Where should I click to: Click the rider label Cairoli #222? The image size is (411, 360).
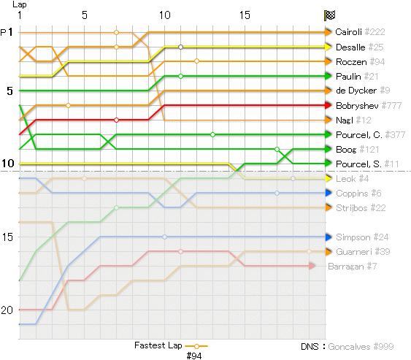pos(360,32)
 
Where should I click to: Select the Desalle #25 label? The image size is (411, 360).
pos(359,47)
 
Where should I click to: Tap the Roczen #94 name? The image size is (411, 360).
pos(360,62)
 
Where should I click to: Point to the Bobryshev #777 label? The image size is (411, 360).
pos(369,105)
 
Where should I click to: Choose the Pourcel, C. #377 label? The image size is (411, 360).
pos(370,135)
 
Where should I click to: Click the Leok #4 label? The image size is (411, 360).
pos(352,179)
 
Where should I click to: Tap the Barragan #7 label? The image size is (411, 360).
pos(353,267)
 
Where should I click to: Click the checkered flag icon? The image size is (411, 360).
pos(329,15)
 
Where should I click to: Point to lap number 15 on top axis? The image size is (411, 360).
pos(245,15)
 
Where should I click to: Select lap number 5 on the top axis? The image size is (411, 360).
pos(84,15)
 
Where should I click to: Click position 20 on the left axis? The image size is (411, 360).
pos(7,310)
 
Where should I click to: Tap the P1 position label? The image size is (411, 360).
pos(7,32)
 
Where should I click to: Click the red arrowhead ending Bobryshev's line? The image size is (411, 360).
pos(329,105)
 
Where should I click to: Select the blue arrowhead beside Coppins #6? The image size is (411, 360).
pos(329,193)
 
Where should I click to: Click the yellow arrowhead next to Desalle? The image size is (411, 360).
pos(329,47)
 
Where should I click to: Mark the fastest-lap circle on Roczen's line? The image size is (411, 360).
pos(196,61)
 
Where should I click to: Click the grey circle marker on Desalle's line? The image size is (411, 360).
pos(180,47)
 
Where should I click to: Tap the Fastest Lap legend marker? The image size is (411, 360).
pos(196,346)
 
